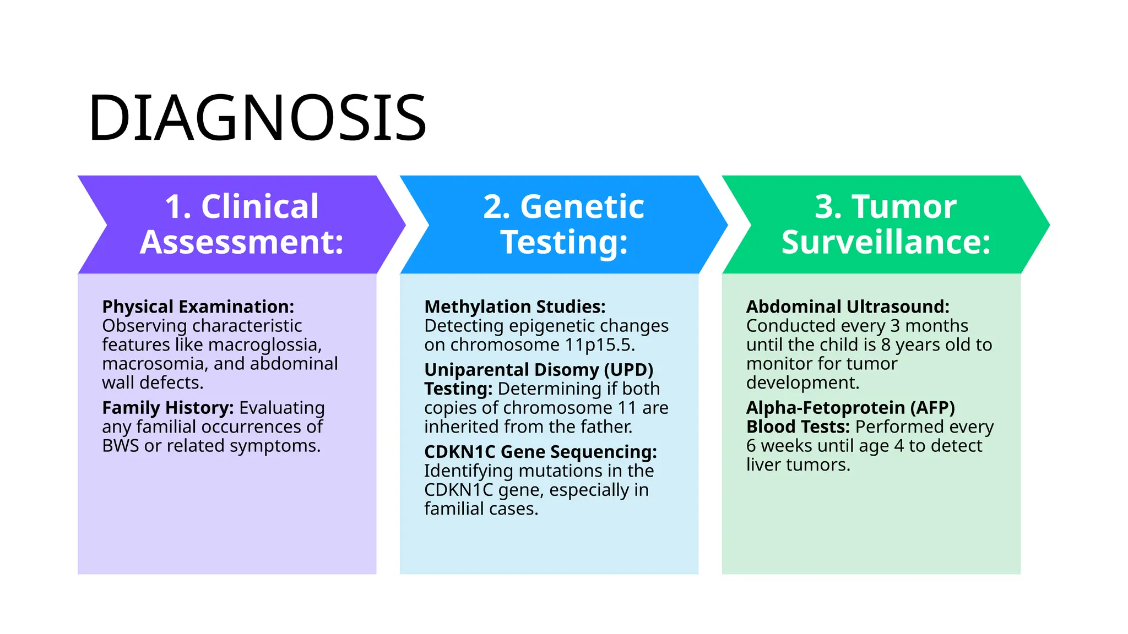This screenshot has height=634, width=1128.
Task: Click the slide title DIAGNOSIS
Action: point(257,118)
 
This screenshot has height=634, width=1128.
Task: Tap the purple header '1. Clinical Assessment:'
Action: point(242,224)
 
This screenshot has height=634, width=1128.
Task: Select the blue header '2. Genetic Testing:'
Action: point(563,224)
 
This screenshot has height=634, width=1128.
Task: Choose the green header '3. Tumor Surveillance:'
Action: point(886,224)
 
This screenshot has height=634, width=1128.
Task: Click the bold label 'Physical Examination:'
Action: point(198,307)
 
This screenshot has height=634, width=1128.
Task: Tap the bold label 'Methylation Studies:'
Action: point(514,307)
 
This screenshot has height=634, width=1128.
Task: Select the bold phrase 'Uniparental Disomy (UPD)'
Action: point(539,370)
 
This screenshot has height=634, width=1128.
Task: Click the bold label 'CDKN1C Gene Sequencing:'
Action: point(540,452)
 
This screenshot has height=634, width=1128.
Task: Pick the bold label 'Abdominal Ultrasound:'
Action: point(848,307)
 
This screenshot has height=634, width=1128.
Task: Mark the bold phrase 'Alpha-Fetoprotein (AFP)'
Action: point(850,408)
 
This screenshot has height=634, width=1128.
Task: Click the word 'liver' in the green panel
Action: point(763,465)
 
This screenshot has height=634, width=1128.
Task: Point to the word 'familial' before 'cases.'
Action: point(454,509)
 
